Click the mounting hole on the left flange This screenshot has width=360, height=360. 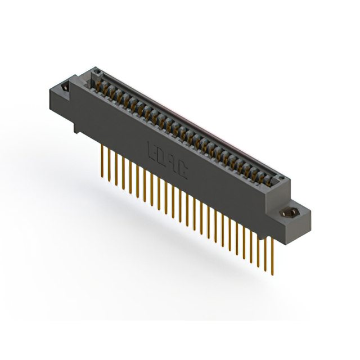[64, 88]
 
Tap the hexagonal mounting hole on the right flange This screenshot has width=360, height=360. [291, 214]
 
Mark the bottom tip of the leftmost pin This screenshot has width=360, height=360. [102, 178]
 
